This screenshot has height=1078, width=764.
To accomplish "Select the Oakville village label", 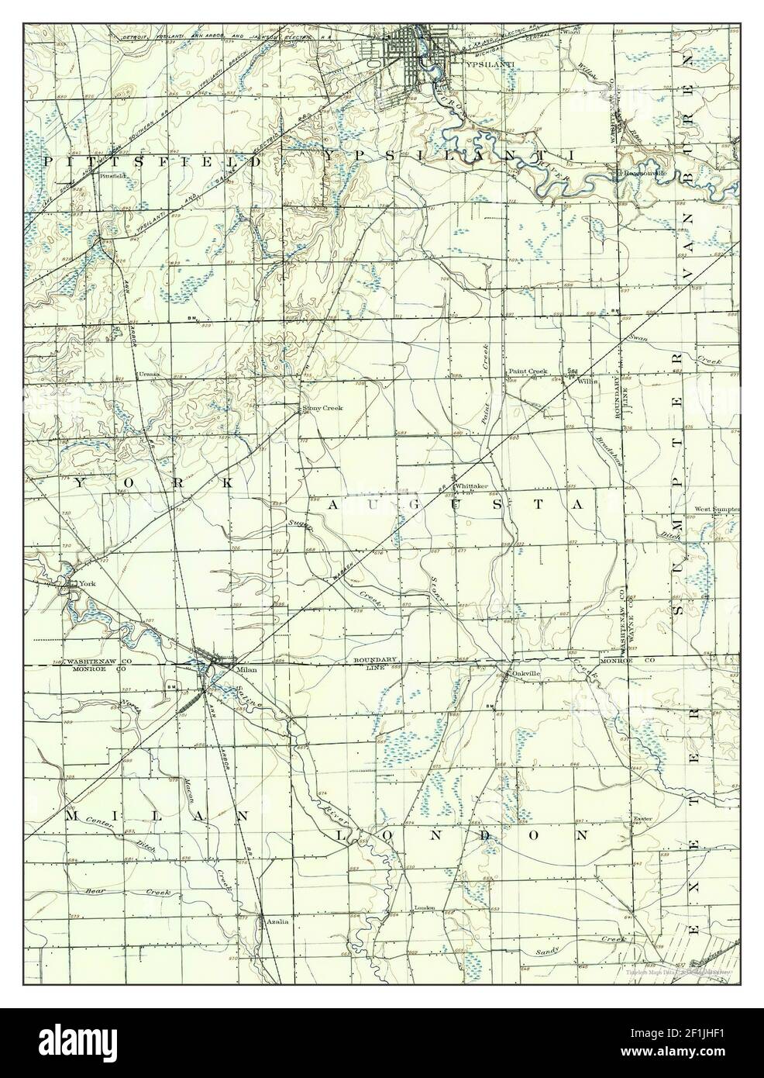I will click(525, 674).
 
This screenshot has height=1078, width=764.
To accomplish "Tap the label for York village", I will click(75, 582).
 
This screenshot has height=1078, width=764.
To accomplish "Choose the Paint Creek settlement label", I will click(528, 371).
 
